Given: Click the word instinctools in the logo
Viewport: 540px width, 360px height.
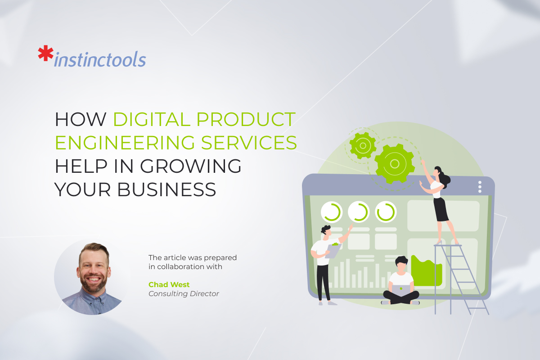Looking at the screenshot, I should coord(99,60).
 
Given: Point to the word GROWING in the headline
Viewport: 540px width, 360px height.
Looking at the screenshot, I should coord(191,166).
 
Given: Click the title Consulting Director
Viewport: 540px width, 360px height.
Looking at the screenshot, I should coord(184,294).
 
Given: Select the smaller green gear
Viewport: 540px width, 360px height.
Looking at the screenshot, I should coord(363,145).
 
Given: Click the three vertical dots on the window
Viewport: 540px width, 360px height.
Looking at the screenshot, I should coord(480,187).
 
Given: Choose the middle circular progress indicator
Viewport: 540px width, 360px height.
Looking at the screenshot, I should coord(359,211).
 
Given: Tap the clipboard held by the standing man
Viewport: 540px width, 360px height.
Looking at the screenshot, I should coord(333,250).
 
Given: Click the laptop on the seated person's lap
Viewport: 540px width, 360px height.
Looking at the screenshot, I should coord(401,290).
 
